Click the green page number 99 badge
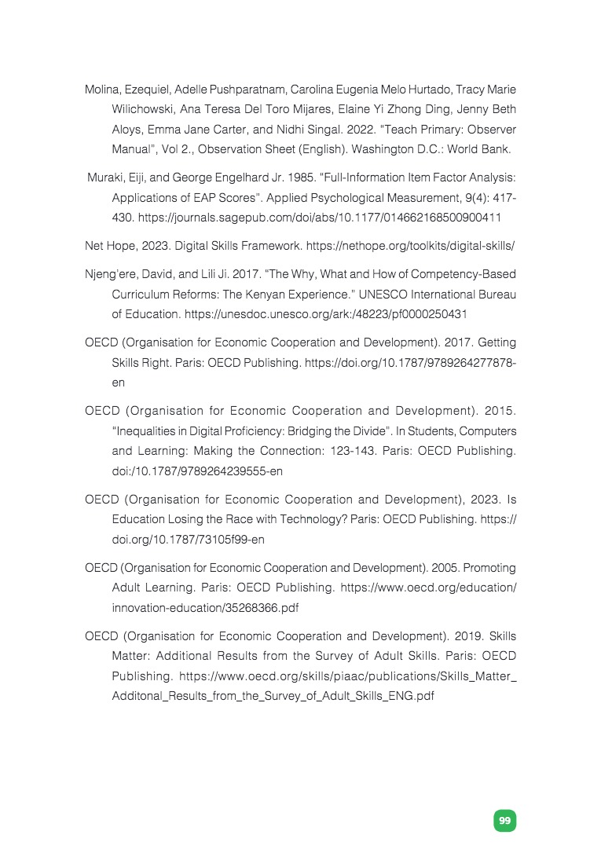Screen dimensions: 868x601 (504, 821)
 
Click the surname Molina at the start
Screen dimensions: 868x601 (102, 90)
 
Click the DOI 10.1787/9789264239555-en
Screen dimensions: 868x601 (197, 471)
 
